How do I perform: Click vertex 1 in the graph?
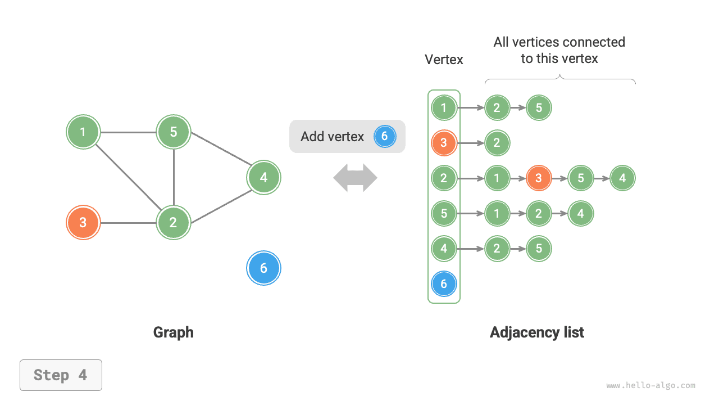[x=83, y=132]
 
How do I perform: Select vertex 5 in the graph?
[x=174, y=132]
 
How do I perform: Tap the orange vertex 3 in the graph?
[x=83, y=223]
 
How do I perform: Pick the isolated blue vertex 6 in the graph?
[x=263, y=268]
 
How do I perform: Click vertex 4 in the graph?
[x=263, y=178]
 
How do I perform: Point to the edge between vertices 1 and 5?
[x=128, y=133]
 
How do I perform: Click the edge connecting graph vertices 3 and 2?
[x=128, y=223]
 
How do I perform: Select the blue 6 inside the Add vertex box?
[x=385, y=136]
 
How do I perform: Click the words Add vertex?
[x=332, y=137]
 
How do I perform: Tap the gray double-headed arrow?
[x=355, y=178]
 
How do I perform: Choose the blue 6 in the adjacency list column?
[x=444, y=284]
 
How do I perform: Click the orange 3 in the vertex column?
[x=444, y=143]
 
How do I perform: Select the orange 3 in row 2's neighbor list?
[x=539, y=178]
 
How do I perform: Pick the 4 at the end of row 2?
[x=622, y=178]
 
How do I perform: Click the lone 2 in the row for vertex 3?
[x=497, y=143]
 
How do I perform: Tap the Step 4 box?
[x=61, y=375]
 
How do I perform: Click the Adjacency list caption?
[x=536, y=332]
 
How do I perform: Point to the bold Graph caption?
[x=173, y=332]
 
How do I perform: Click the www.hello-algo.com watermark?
[x=650, y=386]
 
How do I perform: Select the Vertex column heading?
[x=444, y=60]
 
